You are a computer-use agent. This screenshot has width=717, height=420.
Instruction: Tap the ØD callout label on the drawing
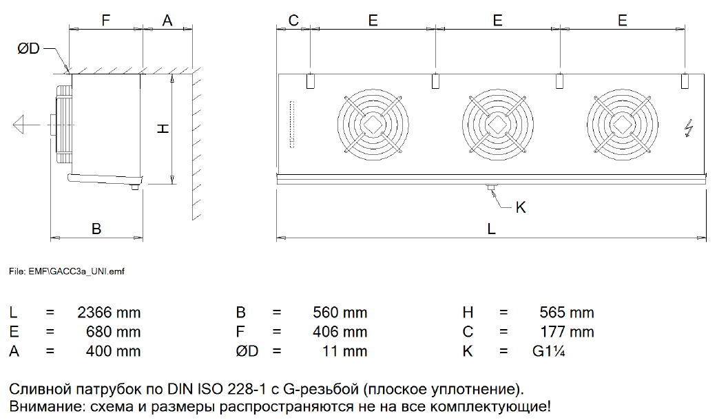28,48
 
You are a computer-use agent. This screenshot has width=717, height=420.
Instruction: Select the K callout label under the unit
521,207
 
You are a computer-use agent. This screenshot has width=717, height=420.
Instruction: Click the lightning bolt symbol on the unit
689,128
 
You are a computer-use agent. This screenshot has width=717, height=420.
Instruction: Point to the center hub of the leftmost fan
373,125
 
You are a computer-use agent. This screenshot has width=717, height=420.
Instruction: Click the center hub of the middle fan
497,125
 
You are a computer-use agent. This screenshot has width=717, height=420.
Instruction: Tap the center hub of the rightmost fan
623,125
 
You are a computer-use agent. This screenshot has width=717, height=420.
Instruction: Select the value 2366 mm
109,313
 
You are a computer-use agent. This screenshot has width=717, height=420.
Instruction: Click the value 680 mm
113,332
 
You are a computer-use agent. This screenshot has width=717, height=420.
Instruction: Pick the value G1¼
549,351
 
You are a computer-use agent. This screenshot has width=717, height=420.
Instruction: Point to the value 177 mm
567,332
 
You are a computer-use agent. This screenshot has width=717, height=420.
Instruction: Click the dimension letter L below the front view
492,229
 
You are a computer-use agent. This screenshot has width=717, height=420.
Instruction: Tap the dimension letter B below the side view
96,229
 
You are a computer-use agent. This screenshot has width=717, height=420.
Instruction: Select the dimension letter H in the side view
163,129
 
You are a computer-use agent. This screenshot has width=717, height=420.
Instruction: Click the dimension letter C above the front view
293,21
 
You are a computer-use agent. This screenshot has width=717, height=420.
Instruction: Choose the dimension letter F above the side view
105,21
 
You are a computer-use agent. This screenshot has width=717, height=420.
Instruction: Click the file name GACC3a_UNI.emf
87,271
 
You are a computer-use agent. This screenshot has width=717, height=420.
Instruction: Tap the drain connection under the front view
492,187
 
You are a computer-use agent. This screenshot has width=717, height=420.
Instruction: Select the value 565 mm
567,313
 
